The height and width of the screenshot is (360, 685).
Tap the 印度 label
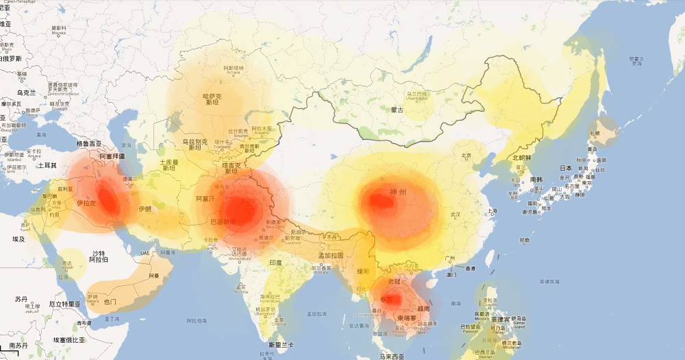click(275, 263)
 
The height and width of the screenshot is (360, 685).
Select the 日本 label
click(566, 168)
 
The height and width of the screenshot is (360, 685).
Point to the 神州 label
click(397, 193)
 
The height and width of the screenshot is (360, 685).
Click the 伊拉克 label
click(86, 204)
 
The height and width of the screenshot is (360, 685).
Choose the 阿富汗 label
click(206, 199)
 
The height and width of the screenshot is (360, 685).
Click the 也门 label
click(110, 301)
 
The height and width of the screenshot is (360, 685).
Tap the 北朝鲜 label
click(522, 158)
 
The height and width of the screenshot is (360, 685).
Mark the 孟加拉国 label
click(330, 256)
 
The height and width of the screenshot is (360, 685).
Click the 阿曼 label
click(154, 276)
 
